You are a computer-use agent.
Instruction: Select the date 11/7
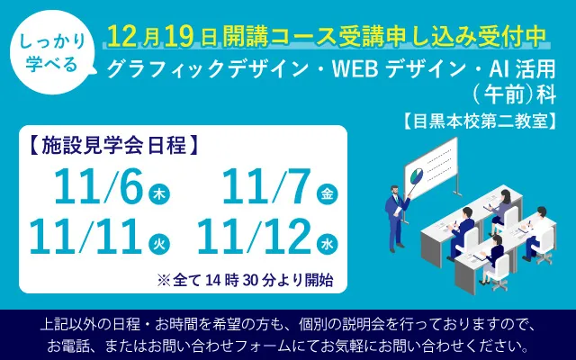tap(267, 188)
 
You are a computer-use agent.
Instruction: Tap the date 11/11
tap(86, 238)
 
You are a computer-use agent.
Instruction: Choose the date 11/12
tap(256, 238)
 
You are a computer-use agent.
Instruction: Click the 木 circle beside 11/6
tap(158, 194)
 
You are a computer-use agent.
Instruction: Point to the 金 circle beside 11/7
tap(327, 194)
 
